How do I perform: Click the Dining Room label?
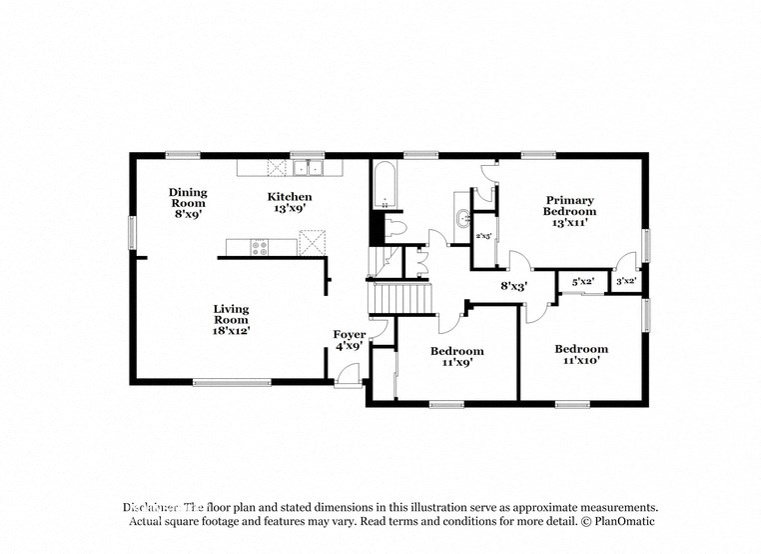coord(187,202)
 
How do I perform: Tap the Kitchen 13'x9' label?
coord(289,203)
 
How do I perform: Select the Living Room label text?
coord(231,319)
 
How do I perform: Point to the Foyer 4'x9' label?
coord(350,340)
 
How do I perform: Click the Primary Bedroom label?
coord(569,211)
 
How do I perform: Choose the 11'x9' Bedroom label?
coord(457,357)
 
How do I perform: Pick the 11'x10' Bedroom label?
coord(581,355)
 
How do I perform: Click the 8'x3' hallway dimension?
coord(513,285)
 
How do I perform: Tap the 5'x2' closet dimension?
coord(581,283)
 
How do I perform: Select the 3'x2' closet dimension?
coord(626,283)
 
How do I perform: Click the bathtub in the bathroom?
coord(385,187)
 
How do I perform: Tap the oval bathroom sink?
coord(461,219)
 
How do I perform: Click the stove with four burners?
coord(259,245)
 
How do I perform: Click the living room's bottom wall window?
coord(232,381)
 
